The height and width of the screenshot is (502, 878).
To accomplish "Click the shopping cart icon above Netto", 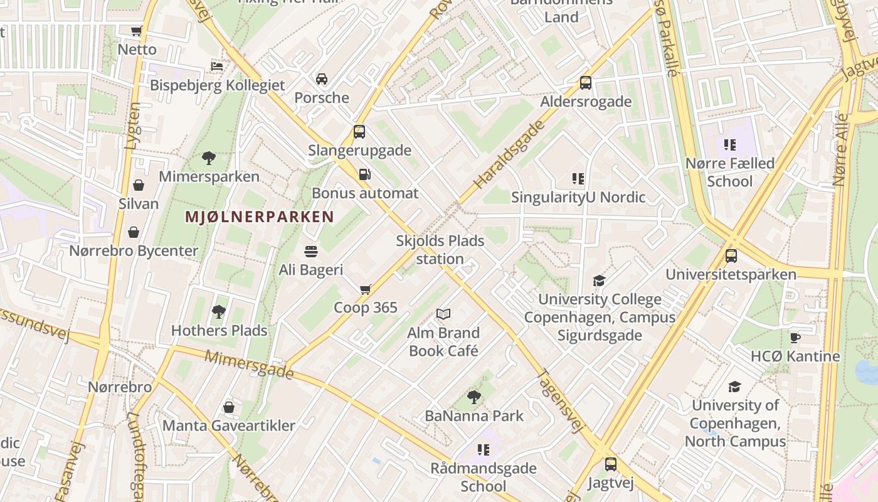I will click(x=136, y=31).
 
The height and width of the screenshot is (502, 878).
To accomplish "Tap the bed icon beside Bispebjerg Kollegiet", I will click(x=217, y=66).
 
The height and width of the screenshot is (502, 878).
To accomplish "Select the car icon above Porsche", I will click(x=322, y=79).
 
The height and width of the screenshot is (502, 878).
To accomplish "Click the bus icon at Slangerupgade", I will click(x=359, y=132).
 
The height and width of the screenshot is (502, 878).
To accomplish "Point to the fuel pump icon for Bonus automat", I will click(x=364, y=174).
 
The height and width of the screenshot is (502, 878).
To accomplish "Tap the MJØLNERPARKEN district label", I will click(x=260, y=217).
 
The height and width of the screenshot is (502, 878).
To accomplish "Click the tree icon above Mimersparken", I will click(x=209, y=158).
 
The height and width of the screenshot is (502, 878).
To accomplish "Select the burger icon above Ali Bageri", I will click(x=311, y=252).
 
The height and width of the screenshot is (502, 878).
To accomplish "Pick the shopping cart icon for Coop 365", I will click(x=366, y=289).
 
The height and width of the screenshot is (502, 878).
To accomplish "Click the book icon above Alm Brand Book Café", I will click(x=443, y=314).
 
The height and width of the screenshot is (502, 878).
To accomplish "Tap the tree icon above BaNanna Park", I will click(x=474, y=397).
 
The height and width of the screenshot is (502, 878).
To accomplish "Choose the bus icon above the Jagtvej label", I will click(x=611, y=464).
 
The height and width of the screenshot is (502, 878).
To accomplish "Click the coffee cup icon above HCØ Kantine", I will click(x=795, y=338).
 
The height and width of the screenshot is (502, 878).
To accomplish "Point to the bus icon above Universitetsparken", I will click(x=731, y=256).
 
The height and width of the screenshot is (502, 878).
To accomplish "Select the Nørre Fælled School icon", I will click(x=729, y=145).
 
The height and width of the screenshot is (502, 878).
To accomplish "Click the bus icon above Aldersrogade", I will click(x=586, y=83).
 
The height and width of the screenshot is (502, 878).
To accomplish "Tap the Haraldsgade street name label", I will click(x=509, y=156).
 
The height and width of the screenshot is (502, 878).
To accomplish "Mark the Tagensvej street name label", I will click(x=560, y=400).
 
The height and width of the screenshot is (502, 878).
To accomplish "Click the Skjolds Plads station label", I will click(x=440, y=250).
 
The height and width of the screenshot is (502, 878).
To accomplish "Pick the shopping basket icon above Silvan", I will click(x=139, y=185).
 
